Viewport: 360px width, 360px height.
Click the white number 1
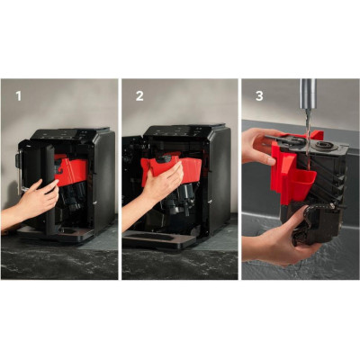[x=19, y=96]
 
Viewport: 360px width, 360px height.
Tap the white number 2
[x=139, y=96]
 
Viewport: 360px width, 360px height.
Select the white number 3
[x=259, y=96]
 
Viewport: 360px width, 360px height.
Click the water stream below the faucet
[x=308, y=141]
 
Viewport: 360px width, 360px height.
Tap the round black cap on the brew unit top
[x=323, y=146]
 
